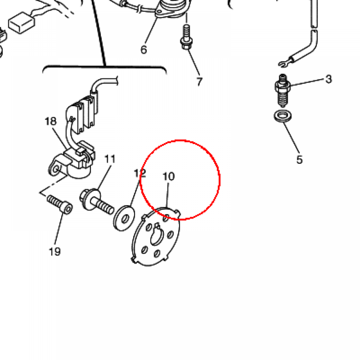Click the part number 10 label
(x=169, y=176)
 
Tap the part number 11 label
(x=110, y=159)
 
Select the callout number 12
(x=140, y=173)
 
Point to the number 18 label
(x=51, y=121)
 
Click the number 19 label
(x=55, y=252)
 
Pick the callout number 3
(x=329, y=79)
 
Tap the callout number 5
(x=300, y=160)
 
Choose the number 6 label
(x=143, y=50)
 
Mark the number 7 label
(x=199, y=82)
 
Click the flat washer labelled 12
(x=124, y=218)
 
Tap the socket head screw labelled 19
(x=60, y=204)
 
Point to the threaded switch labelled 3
(x=283, y=90)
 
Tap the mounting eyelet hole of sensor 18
(x=56, y=170)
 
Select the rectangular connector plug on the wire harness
(x=21, y=23)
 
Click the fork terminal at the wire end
(x=284, y=64)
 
